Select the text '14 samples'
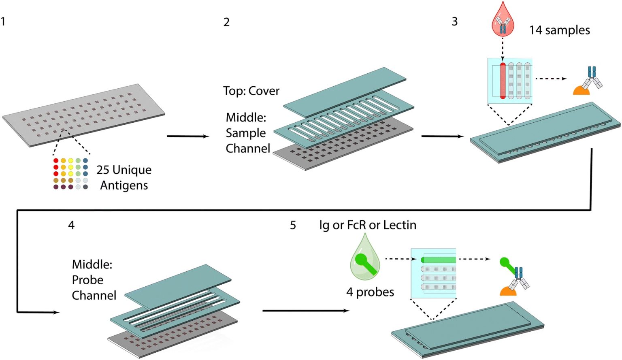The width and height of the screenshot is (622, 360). coord(559,30)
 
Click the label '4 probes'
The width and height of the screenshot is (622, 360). coord(370,292)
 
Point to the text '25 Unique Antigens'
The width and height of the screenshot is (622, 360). coord(124,177)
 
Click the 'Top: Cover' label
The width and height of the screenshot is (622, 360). coord(251,91)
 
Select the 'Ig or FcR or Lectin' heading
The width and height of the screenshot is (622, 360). coord(367,225)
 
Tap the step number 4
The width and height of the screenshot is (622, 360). coord(71,225)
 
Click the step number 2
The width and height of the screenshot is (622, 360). coord(226,22)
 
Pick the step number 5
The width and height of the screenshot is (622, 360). coord(293,225)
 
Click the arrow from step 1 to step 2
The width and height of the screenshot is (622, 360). coord(187,136)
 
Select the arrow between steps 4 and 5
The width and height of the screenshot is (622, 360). coord(306,311)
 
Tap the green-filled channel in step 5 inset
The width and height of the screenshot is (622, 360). coord(439,260)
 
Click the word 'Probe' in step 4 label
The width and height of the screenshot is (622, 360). coord(87,280)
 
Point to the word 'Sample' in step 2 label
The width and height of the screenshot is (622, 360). coord(246,133)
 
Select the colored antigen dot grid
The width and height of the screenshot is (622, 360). coord(70,174)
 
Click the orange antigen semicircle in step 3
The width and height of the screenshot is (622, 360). coord(581,90)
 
